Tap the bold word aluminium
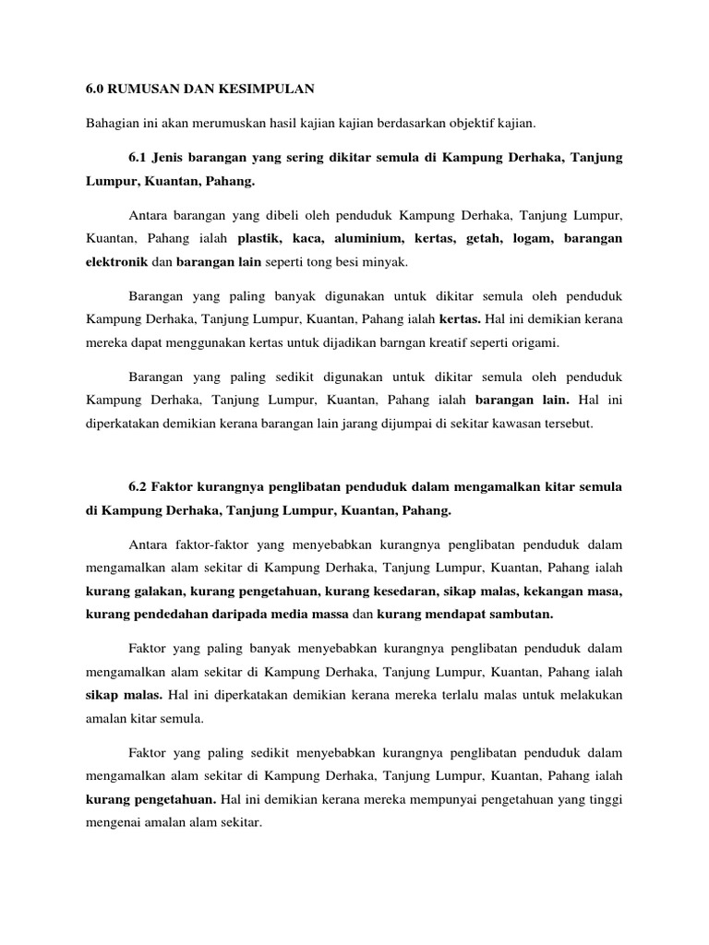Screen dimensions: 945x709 coord(369,238)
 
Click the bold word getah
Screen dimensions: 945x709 coord(486,238)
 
